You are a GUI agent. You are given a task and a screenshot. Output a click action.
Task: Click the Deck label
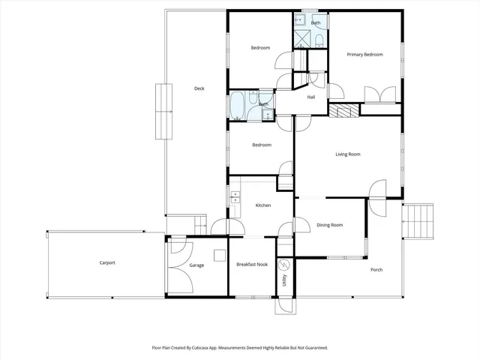199,88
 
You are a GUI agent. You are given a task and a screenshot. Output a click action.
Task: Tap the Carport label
107,262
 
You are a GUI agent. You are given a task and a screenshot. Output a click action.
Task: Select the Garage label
196,265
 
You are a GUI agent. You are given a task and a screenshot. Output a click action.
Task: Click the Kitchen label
262,205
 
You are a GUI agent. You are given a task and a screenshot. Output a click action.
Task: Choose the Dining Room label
329,225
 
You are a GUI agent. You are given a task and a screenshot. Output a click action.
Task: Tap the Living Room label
347,154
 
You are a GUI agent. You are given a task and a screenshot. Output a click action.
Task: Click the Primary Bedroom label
364,55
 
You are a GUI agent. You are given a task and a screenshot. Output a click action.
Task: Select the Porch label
376,270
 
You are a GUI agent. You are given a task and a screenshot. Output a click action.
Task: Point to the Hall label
310,97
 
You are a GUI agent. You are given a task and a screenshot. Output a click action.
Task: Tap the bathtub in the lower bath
238,105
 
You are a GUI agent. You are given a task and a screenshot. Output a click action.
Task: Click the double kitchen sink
235,198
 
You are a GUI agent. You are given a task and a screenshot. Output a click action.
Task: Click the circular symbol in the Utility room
284,265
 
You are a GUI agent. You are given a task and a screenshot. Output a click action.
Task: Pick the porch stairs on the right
419,222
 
